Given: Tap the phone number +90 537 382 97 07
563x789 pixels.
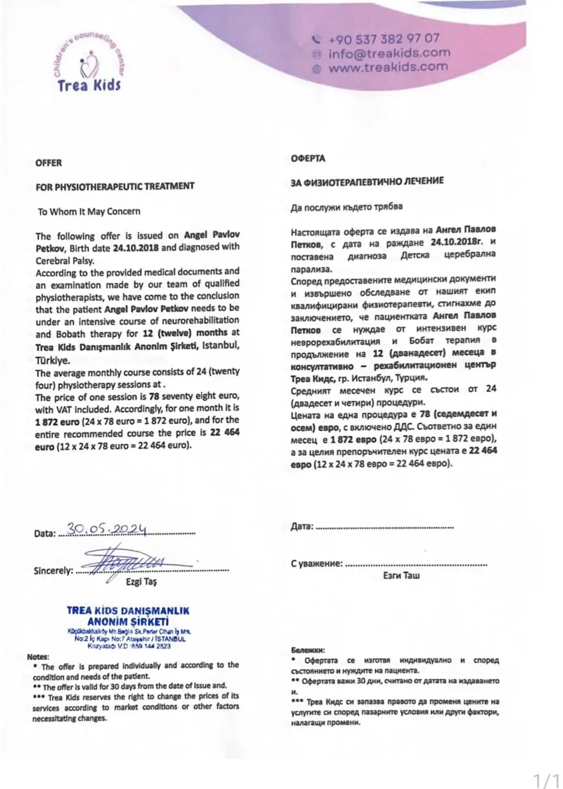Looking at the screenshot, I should (383, 39).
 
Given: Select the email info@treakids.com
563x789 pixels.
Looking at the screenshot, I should (389, 53).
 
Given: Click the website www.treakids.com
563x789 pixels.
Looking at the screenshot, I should (388, 68).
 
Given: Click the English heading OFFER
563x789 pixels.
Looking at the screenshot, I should (48, 163).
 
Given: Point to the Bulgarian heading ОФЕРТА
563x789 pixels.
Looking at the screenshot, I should (308, 158).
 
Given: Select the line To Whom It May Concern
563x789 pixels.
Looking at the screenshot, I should (89, 211).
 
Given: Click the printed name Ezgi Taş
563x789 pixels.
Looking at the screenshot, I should (141, 582).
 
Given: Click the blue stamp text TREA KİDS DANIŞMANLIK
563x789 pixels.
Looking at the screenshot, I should (128, 611).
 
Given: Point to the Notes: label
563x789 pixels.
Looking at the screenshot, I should (38, 657).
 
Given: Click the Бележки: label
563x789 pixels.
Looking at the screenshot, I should (308, 650).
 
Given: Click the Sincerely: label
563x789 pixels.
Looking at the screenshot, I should (53, 571).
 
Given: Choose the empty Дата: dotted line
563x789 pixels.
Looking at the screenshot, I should (385, 526).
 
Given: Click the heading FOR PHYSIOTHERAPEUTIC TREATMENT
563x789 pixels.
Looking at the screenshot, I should (115, 186).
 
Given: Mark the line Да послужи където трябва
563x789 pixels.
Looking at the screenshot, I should (346, 207).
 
